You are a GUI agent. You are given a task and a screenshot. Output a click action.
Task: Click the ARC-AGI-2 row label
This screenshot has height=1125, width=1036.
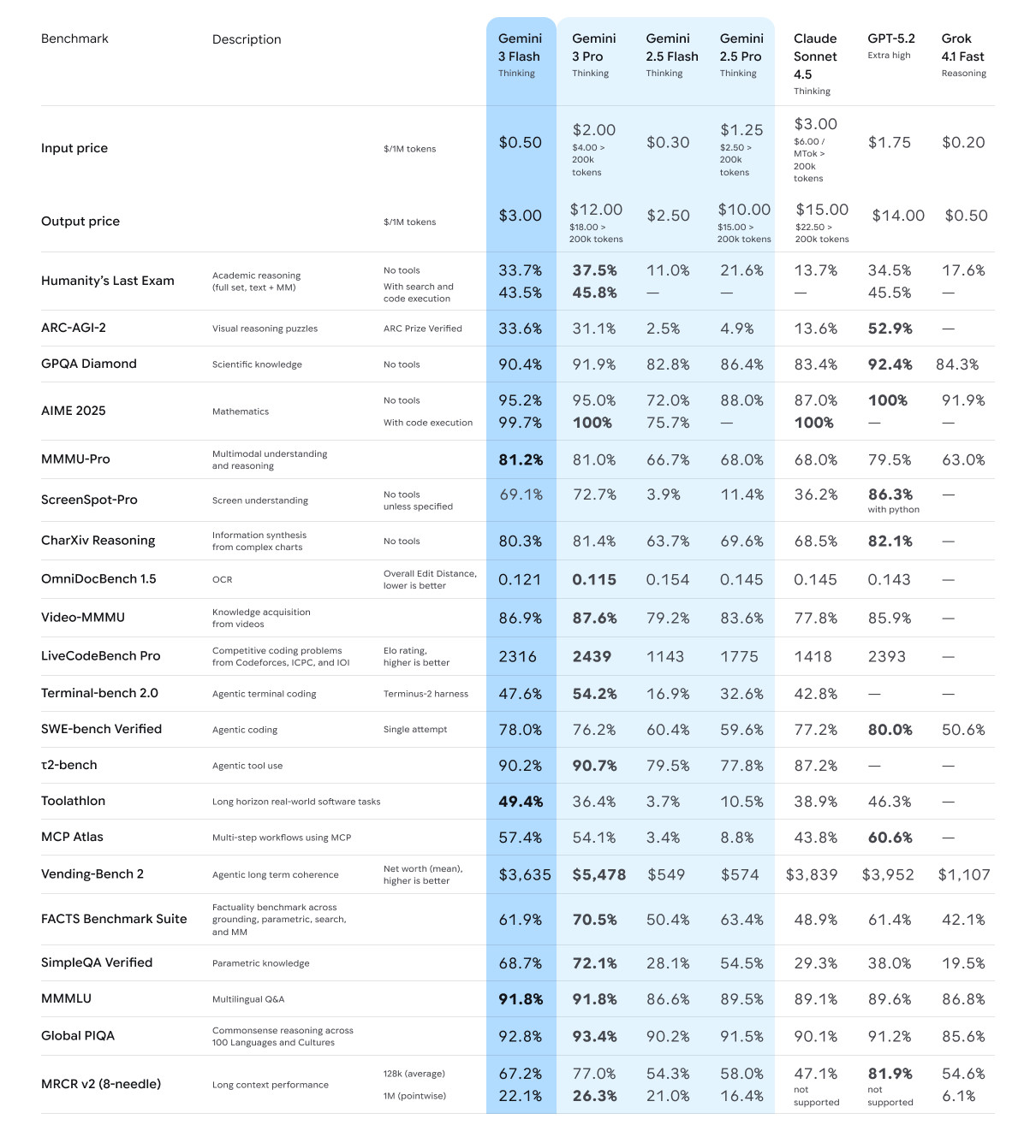74,328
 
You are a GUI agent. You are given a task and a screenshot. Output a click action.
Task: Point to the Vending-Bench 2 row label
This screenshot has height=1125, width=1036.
92,873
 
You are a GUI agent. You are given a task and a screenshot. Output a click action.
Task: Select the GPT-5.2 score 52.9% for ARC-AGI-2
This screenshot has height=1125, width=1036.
890,329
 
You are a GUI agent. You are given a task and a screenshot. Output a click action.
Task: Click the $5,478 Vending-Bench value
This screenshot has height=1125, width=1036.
598,874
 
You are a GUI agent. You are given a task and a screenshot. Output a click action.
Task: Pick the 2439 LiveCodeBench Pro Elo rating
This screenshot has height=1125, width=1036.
592,656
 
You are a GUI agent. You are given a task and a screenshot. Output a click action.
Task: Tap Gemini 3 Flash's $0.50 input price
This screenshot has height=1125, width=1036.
520,142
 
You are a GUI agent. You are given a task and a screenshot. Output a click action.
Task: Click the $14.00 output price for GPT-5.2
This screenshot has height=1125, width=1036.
897,216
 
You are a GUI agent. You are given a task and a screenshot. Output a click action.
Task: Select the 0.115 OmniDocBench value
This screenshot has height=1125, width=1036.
594,579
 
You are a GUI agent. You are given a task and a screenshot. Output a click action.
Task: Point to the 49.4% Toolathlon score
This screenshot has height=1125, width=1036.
520,802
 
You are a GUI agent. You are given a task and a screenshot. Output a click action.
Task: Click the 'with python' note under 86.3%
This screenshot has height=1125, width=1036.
893,510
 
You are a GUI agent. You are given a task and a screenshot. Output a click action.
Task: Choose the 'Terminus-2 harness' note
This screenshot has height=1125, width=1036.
426,694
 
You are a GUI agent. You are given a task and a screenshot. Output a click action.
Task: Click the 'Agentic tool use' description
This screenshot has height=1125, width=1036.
247,766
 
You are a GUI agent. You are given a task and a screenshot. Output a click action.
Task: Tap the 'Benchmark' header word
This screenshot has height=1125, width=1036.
74,38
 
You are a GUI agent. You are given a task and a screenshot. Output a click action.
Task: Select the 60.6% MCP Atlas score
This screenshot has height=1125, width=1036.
890,838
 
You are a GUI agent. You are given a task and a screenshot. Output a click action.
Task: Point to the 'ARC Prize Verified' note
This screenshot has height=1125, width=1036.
422,329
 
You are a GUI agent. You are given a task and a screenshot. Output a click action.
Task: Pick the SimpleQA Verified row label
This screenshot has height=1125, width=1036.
97,962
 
